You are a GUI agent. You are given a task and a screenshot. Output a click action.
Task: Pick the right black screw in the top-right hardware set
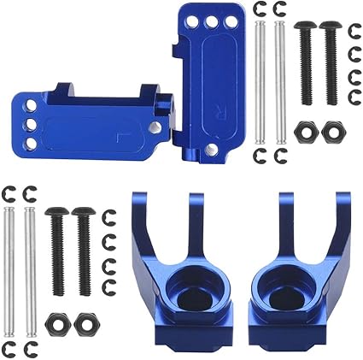coord(328,60)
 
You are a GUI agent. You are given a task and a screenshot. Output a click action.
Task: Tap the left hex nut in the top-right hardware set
coord(304,133)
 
